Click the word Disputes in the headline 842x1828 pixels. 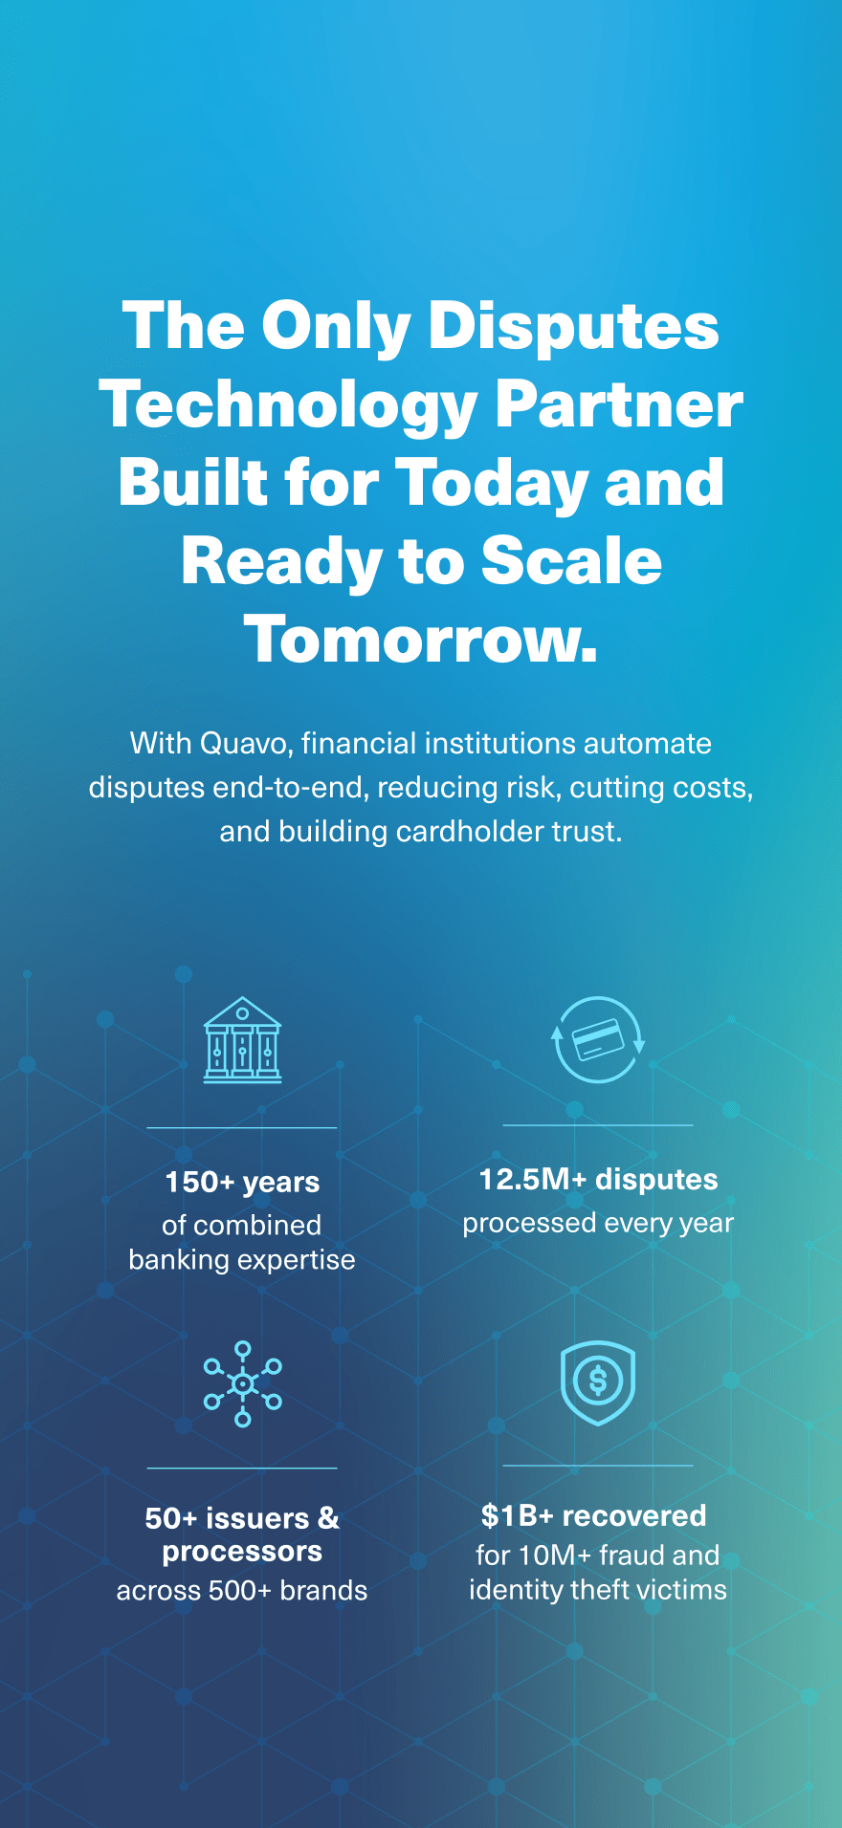pos(573,326)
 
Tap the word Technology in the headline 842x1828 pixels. pos(288,405)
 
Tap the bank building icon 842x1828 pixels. pos(243,1039)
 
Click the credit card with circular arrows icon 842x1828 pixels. pos(599,1039)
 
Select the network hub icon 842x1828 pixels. pos(243,1383)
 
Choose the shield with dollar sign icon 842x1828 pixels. pos(598,1382)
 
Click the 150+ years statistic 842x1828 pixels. pos(242,1183)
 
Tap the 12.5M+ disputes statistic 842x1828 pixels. pos(598,1180)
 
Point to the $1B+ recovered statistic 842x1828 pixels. pos(594,1515)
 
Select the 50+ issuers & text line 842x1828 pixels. pos(242,1517)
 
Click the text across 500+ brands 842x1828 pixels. pos(242,1590)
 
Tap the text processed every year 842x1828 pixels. pos(598,1223)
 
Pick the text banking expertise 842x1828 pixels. pos(242,1260)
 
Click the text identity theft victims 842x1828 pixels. pos(598,1589)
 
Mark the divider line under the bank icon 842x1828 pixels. pos(242,1128)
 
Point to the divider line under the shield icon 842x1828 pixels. pos(598,1466)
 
